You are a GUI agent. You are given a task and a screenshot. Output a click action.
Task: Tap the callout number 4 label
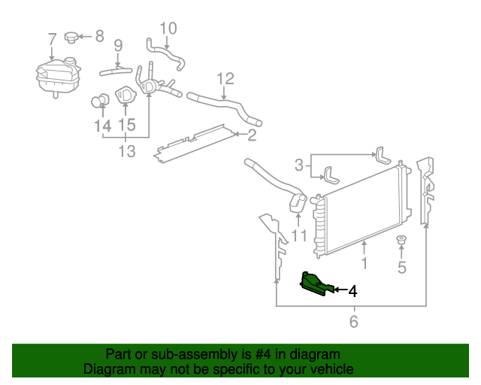352,290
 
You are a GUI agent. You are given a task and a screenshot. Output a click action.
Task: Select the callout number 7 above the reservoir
51,39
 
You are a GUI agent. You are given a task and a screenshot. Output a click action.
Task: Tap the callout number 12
225,78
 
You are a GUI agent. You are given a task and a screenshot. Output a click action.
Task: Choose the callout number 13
126,152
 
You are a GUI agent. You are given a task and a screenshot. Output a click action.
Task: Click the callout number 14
103,126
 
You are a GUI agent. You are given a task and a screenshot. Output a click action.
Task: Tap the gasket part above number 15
125,98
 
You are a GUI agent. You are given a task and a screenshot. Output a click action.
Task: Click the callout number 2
251,135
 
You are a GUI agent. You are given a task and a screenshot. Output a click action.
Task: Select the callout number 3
298,165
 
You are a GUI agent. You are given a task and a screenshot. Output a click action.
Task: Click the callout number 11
299,237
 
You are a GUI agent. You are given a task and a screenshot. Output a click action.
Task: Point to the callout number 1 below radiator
364,264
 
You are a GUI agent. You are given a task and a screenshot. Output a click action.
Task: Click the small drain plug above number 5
401,241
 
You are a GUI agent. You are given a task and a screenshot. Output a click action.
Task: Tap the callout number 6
352,323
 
